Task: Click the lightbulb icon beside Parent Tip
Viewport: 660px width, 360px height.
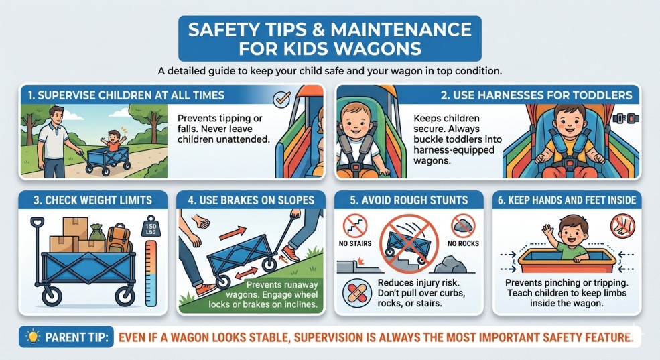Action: click(32, 337)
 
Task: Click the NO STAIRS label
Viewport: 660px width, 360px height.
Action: click(355, 243)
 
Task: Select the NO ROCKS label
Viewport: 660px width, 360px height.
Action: click(463, 243)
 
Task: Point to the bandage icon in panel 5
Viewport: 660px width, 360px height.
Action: click(357, 293)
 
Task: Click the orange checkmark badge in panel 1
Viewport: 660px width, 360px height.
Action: click(281, 99)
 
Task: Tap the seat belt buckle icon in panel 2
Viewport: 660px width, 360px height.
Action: click(626, 118)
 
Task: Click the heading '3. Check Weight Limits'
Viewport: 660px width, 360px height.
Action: click(92, 200)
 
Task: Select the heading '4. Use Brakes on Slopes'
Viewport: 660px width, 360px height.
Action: click(251, 200)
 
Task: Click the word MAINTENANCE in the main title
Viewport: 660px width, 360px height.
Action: click(401, 29)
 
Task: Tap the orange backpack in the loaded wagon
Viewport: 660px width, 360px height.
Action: click(119, 238)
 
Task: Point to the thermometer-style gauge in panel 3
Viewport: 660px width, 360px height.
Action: click(151, 274)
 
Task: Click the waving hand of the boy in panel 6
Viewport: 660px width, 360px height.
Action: click(547, 231)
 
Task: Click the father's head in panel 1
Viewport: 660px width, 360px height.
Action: click(56, 114)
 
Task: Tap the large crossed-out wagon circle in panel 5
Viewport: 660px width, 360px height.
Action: click(409, 243)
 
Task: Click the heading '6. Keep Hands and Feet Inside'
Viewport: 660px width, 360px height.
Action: click(567, 200)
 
